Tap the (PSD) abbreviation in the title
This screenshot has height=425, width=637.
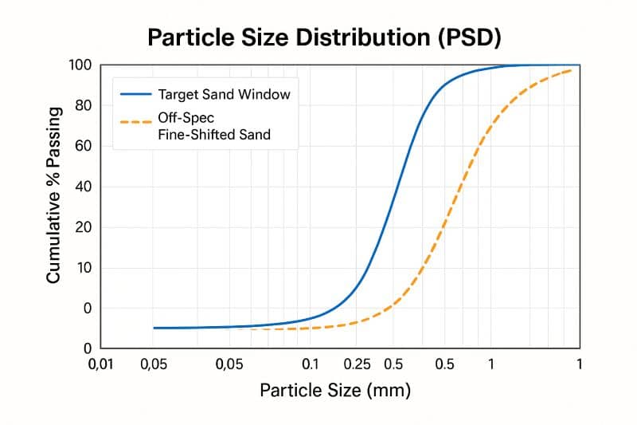[466, 37]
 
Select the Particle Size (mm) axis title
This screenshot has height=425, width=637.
[334, 391]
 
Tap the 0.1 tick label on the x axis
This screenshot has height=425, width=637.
[311, 364]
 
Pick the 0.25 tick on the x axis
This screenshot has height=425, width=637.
[358, 364]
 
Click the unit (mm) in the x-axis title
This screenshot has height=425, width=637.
[390, 391]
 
